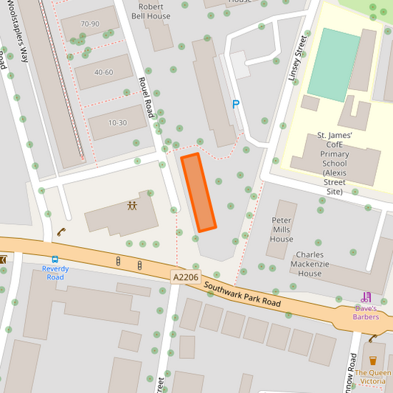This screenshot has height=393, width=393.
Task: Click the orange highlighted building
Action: (x=198, y=193)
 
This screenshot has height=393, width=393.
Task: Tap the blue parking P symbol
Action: (x=236, y=105)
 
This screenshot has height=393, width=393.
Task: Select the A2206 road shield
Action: (x=185, y=277)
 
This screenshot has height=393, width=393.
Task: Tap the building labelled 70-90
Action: (x=90, y=24)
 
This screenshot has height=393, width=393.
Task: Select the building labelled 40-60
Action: (x=103, y=72)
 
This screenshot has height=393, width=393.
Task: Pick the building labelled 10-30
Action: (x=117, y=122)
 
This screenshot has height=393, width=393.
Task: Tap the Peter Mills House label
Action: (x=282, y=229)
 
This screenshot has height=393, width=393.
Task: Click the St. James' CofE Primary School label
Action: (x=334, y=163)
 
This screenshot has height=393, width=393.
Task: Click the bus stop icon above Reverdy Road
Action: (x=55, y=260)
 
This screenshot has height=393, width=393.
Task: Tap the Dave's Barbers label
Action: (x=366, y=312)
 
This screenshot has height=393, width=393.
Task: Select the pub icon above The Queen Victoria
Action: (x=372, y=361)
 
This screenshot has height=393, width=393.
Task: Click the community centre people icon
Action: (x=133, y=206)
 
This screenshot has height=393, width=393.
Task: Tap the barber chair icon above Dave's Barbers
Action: (x=366, y=296)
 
